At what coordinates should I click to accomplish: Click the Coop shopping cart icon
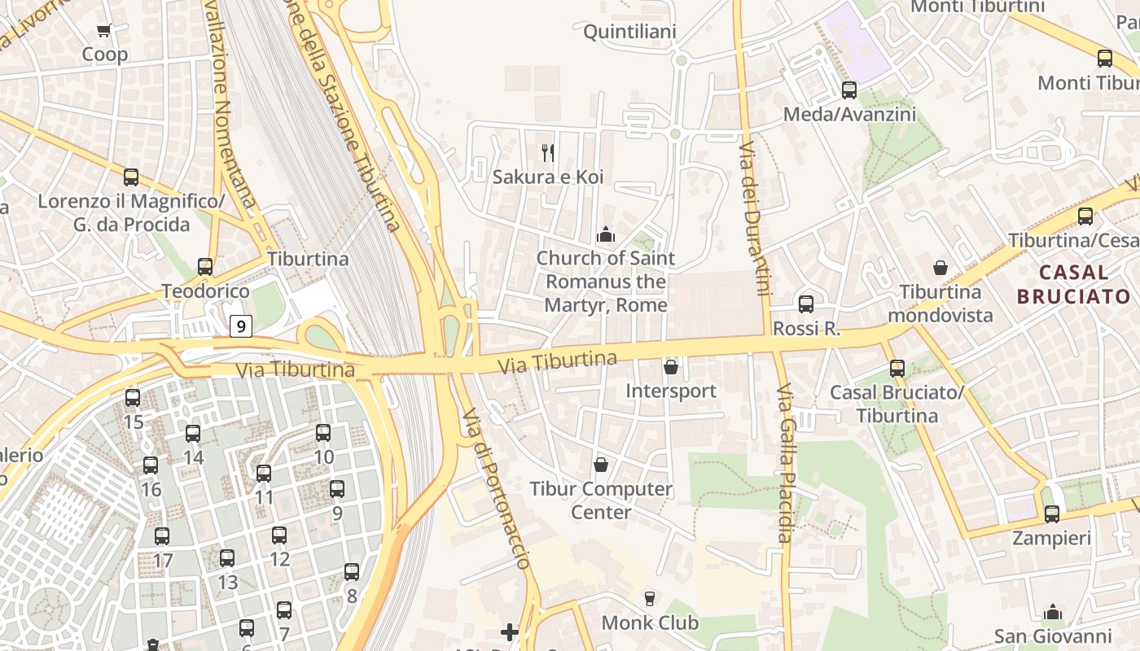pyautogui.click(x=103, y=31)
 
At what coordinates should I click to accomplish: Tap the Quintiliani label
pyautogui.click(x=629, y=32)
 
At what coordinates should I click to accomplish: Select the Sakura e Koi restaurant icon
pyautogui.click(x=548, y=152)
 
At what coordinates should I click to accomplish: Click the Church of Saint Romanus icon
pyautogui.click(x=605, y=235)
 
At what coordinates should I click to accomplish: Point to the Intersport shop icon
pyautogui.click(x=671, y=367)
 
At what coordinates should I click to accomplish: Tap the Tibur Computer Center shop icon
pyautogui.click(x=601, y=465)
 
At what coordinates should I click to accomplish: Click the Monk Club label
pyautogui.click(x=650, y=623)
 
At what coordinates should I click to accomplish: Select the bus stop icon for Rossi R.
pyautogui.click(x=806, y=304)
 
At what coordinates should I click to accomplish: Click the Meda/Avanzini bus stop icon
pyautogui.click(x=849, y=90)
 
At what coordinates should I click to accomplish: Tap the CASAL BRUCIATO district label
pyautogui.click(x=1074, y=284)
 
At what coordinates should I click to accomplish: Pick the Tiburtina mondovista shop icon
pyautogui.click(x=940, y=268)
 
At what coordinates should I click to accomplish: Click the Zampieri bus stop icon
pyautogui.click(x=1052, y=514)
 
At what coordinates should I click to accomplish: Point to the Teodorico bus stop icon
pyautogui.click(x=205, y=267)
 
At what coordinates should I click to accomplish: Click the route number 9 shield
pyautogui.click(x=240, y=326)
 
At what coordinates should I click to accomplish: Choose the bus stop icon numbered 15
pyautogui.click(x=133, y=398)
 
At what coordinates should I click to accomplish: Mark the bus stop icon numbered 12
pyautogui.click(x=279, y=535)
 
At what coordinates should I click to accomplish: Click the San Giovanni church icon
pyautogui.click(x=1053, y=612)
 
